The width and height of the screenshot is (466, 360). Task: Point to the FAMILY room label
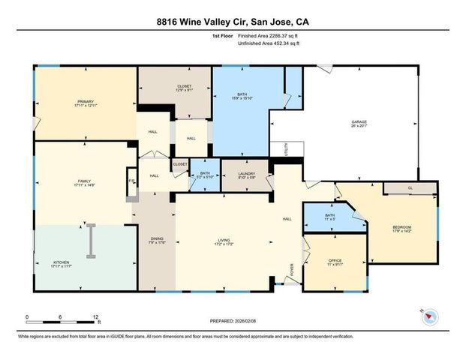click(83, 182)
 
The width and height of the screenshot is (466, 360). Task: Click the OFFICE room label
click(335, 261)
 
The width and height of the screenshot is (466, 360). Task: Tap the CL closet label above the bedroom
click(410, 188)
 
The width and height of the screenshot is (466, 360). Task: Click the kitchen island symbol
click(90, 241)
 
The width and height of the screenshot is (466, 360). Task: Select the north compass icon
click(428, 316)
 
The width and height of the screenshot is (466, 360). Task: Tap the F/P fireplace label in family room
click(131, 181)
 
